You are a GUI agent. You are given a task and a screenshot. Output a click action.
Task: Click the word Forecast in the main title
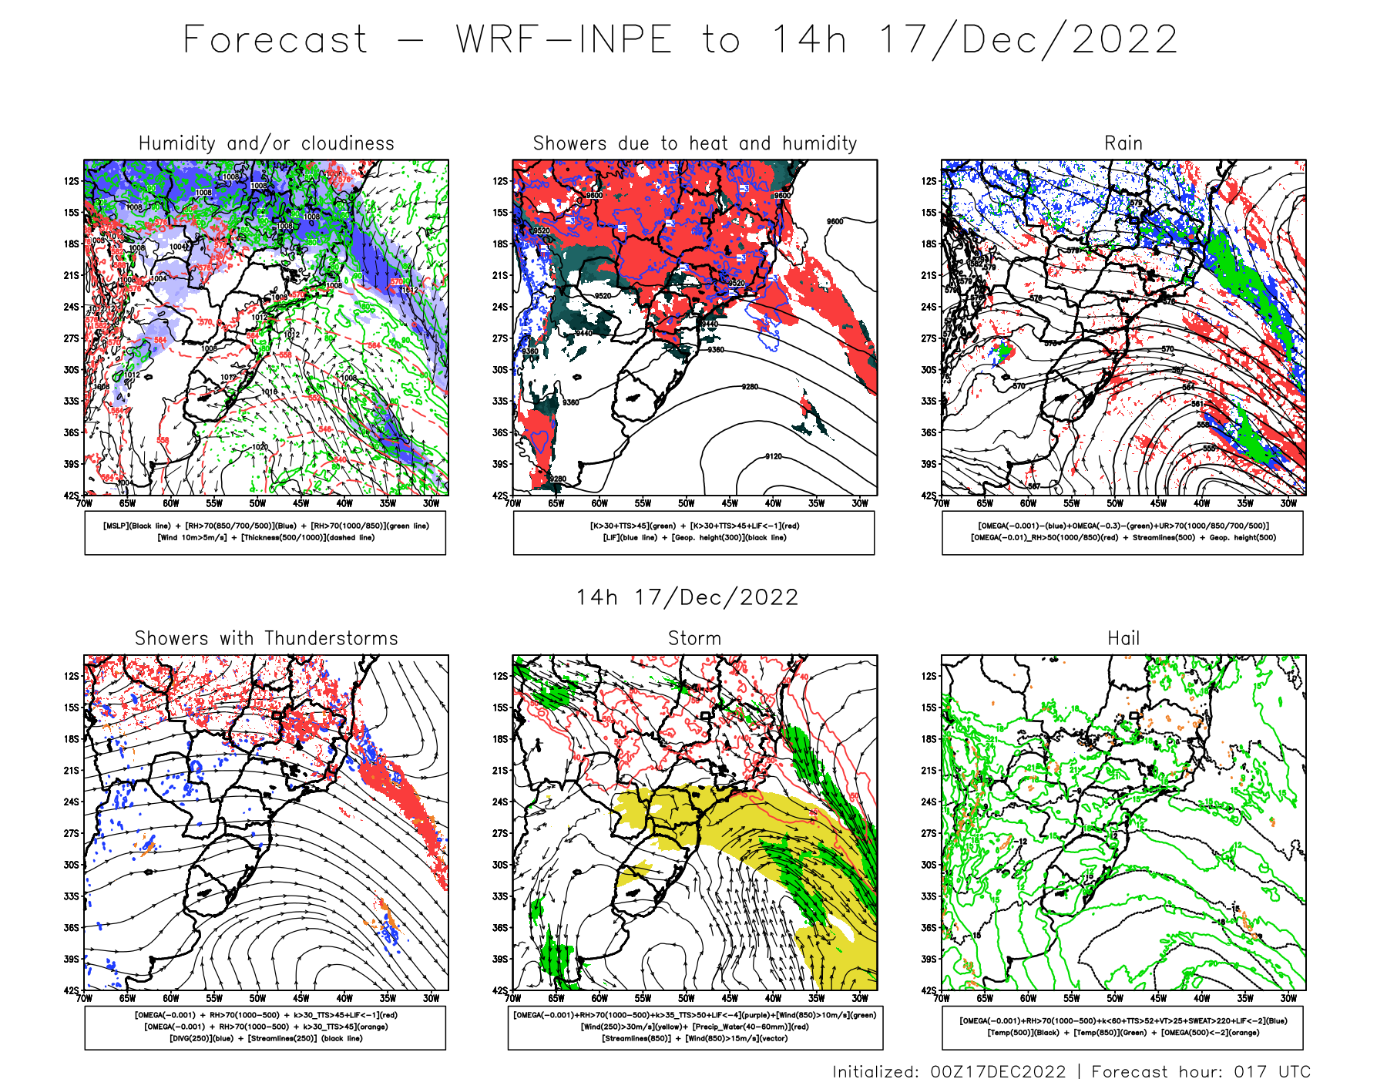pyautogui.click(x=275, y=40)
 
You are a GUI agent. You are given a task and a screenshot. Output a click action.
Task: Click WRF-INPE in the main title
pyautogui.click(x=564, y=40)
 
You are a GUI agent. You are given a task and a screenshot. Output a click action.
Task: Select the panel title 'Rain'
pyautogui.click(x=1123, y=143)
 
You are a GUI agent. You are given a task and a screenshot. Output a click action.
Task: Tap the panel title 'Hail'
pyautogui.click(x=1123, y=638)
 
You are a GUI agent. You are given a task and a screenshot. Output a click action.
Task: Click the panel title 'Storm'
pyautogui.click(x=694, y=638)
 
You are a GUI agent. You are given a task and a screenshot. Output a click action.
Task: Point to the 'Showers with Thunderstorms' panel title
pyautogui.click(x=266, y=638)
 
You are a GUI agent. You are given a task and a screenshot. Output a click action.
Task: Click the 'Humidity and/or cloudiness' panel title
pyautogui.click(x=266, y=143)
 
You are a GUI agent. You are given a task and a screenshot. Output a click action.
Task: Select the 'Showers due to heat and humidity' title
pyautogui.click(x=694, y=143)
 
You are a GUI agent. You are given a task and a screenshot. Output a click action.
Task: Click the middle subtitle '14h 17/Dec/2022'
pyautogui.click(x=687, y=597)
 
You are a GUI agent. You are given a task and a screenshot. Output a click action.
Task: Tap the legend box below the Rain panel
pyautogui.click(x=1123, y=533)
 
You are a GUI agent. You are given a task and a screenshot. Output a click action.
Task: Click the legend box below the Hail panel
pyautogui.click(x=1123, y=1027)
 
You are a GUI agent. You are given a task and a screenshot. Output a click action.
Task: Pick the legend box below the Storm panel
pyautogui.click(x=694, y=1027)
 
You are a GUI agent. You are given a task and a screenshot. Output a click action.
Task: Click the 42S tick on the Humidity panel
pyautogui.click(x=71, y=496)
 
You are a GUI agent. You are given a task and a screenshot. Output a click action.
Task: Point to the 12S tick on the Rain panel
pyautogui.click(x=929, y=181)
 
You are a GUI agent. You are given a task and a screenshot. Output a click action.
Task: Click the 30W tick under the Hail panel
pyautogui.click(x=1288, y=999)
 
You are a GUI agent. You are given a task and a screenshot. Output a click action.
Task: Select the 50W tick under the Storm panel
pyautogui.click(x=686, y=999)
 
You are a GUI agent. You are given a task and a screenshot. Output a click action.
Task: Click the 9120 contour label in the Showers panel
pyautogui.click(x=773, y=457)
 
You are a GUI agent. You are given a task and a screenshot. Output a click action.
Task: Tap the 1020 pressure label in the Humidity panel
pyautogui.click(x=260, y=447)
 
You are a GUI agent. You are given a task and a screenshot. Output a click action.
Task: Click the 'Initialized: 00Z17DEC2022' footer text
pyautogui.click(x=949, y=1071)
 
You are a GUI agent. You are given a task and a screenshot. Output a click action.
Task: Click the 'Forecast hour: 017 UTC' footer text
pyautogui.click(x=1201, y=1071)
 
